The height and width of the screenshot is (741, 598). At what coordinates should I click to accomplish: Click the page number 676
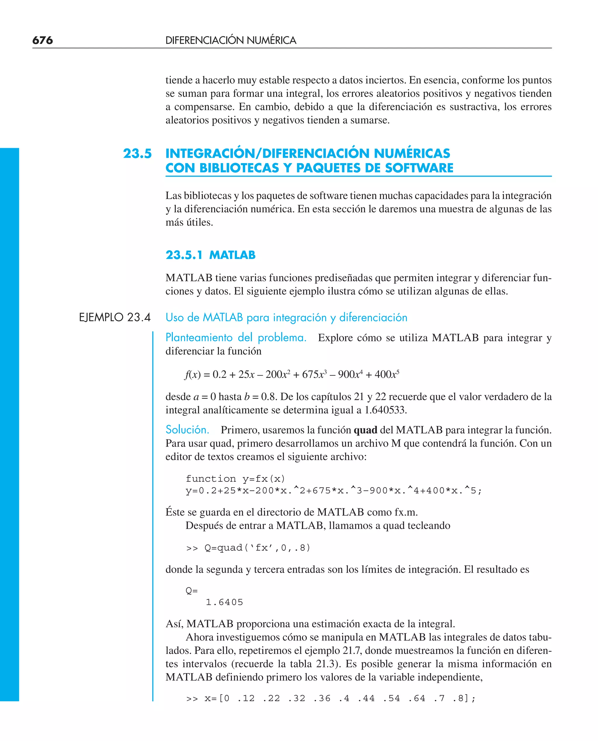click(x=42, y=40)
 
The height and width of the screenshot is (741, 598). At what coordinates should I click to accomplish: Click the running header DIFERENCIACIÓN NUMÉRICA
click(x=230, y=40)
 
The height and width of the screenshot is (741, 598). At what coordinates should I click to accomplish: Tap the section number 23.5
click(x=137, y=153)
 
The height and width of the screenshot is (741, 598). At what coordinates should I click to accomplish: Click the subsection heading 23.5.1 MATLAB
click(x=210, y=255)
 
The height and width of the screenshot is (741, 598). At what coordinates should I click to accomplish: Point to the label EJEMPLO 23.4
click(x=115, y=317)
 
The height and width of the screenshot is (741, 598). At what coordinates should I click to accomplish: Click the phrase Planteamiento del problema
click(x=236, y=337)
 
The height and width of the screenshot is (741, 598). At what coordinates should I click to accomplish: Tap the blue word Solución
click(x=187, y=430)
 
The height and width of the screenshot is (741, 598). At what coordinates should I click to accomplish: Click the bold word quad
click(x=365, y=430)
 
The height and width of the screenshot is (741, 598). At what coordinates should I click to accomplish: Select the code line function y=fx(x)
click(x=235, y=479)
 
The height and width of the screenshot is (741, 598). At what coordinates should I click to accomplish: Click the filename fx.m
click(x=406, y=512)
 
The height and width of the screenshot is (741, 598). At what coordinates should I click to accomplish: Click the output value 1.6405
click(x=224, y=602)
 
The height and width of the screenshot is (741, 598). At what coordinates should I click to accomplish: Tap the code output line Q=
click(x=192, y=591)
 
